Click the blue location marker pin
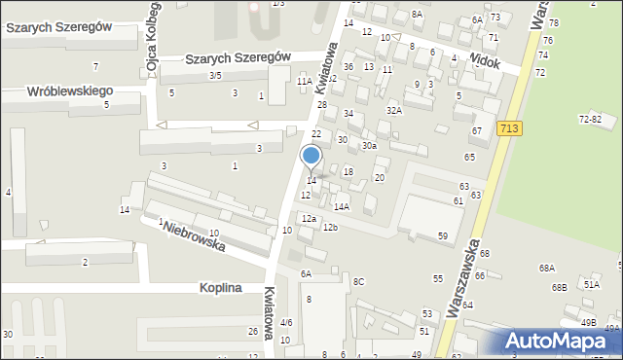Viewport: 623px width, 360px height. tap(311, 157)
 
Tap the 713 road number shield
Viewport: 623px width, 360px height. tap(507, 127)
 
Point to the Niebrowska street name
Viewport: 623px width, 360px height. tap(195, 236)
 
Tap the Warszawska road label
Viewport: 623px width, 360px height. tap(462, 292)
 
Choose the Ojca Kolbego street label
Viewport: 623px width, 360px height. tap(152, 49)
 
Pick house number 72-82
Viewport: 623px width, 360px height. tap(590, 119)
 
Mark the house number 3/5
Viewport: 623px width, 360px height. tap(215, 75)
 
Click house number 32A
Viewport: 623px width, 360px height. tap(393, 111)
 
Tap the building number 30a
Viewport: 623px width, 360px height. tap(369, 145)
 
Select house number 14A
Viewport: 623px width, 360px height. tap(341, 206)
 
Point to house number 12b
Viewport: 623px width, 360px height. tap(330, 228)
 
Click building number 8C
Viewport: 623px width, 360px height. tap(358, 281)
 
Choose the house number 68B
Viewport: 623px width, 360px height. tap(559, 287)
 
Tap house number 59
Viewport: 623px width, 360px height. tap(442, 235)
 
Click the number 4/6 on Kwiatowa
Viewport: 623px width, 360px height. tap(286, 322)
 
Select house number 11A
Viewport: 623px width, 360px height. tap(305, 82)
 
